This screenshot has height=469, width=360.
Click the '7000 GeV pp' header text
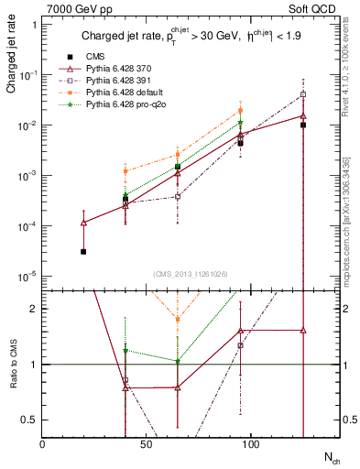75,8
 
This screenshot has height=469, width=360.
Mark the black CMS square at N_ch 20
83,252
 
